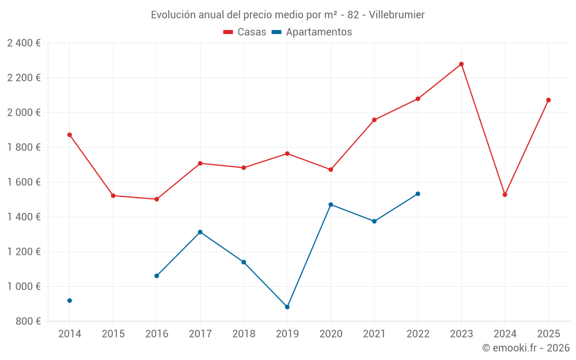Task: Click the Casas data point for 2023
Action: pos(461,64)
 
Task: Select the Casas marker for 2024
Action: pos(505,195)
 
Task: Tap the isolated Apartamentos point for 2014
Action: pos(70,301)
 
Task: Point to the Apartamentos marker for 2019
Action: pos(287,307)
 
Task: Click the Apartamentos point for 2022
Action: pos(418,194)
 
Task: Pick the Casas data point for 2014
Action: pos(70,135)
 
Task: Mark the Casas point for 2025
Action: pos(548,100)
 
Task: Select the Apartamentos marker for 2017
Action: pos(200,232)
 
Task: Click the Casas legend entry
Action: pos(245,32)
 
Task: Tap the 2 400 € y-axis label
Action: pos(24,43)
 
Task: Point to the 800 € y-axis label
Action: pos(28,321)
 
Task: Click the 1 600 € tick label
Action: pos(24,182)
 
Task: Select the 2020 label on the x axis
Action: pos(331,334)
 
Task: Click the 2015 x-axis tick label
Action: pos(113,334)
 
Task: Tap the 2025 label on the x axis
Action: pos(548,334)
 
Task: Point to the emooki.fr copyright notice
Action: pos(526,348)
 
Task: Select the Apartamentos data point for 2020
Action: pos(331,204)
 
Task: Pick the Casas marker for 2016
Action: pos(157,199)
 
